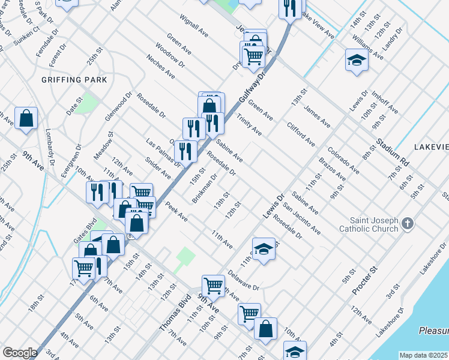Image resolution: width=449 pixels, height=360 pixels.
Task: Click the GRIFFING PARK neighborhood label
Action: [74, 80]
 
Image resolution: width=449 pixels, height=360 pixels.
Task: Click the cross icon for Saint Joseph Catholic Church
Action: [408, 224]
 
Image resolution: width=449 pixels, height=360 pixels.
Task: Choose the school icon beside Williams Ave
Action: [357, 61]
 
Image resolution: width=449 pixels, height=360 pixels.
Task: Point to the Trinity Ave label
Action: [249, 124]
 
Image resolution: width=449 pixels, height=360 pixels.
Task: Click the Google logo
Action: [20, 353]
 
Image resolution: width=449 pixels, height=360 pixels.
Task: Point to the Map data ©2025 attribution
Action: [424, 355]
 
